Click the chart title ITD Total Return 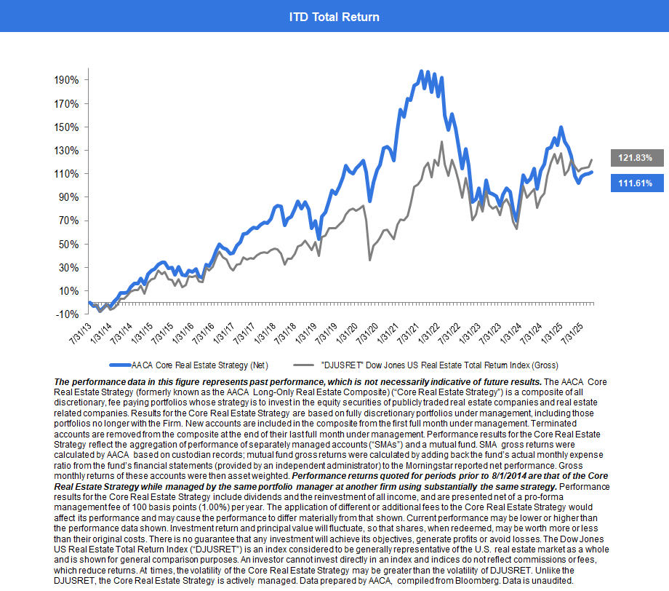tap(334, 16)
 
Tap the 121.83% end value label tap(635, 157)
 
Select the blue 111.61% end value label tap(635, 183)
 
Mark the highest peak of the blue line tap(422, 71)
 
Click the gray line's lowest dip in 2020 tap(370, 260)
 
